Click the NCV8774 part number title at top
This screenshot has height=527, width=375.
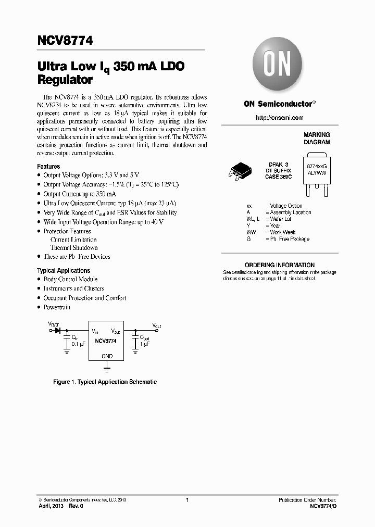pyautogui.click(x=65, y=40)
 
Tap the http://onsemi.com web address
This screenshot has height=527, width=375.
pyautogui.click(x=279, y=118)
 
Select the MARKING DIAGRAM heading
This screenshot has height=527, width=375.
pyautogui.click(x=316, y=138)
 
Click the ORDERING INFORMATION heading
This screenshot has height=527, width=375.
pyautogui.click(x=279, y=265)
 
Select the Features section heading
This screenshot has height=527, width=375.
pyautogui.click(x=48, y=166)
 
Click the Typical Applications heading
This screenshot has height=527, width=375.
pyautogui.click(x=63, y=270)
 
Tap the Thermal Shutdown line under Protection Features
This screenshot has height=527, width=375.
pyautogui.click(x=74, y=248)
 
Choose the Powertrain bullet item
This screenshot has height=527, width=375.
pyautogui.click(x=57, y=307)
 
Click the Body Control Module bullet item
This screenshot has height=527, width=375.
pyautogui.click(x=70, y=279)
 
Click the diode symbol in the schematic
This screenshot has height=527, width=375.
pyautogui.click(x=58, y=331)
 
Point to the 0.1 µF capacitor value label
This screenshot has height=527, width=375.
pyautogui.click(x=78, y=344)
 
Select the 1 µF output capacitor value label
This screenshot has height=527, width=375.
pyautogui.click(x=144, y=344)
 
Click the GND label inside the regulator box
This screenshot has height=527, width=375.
pyautogui.click(x=107, y=356)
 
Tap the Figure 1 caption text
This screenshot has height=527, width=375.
pyautogui.click(x=105, y=382)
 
